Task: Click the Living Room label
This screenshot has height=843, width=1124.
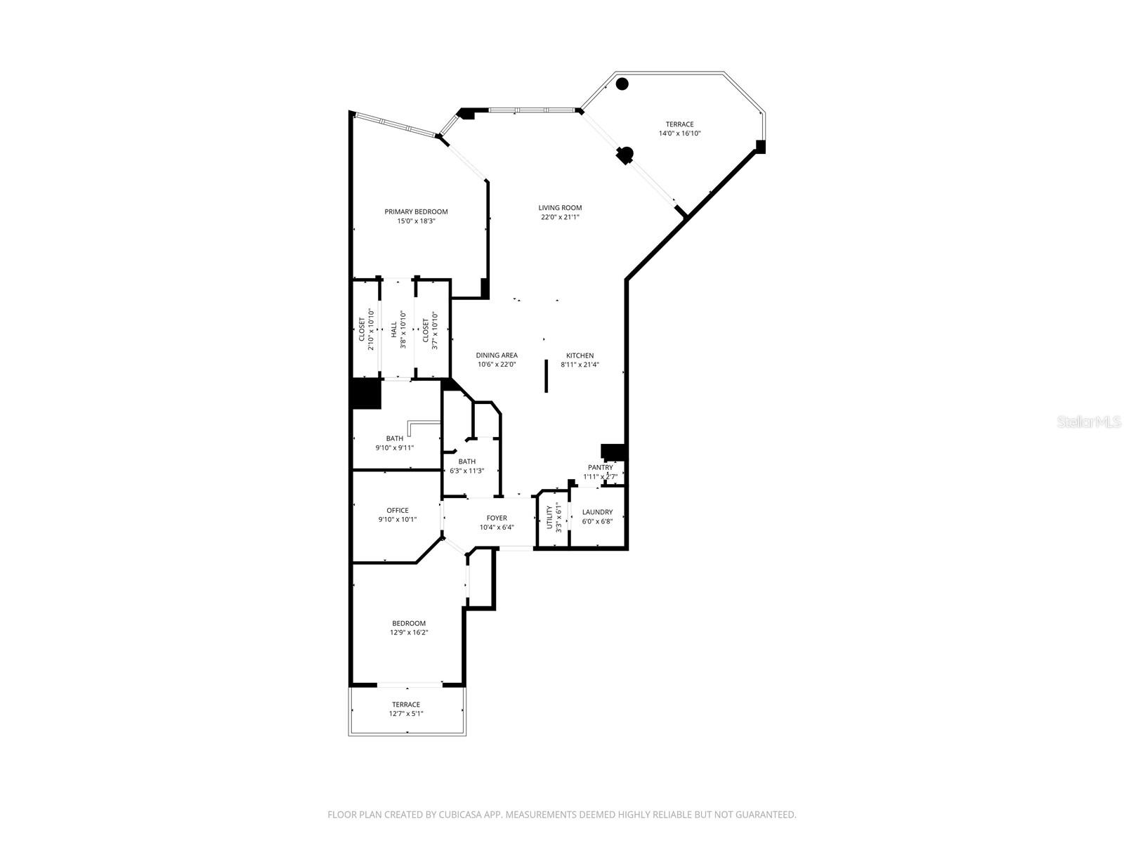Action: tap(560, 208)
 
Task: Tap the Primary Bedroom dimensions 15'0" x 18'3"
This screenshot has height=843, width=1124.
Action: tap(416, 221)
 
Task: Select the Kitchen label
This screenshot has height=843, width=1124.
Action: tap(580, 356)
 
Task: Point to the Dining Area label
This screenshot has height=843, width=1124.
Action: tap(497, 355)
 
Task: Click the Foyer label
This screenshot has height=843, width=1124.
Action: tap(497, 518)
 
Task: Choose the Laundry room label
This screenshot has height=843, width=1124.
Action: tap(597, 512)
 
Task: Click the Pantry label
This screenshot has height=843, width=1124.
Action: tap(601, 467)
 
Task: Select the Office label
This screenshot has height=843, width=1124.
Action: tap(397, 511)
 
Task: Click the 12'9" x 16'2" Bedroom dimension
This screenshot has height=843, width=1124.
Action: tap(409, 632)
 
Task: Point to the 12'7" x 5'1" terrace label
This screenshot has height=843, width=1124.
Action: tap(406, 714)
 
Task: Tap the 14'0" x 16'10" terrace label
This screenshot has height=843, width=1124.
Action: tap(679, 133)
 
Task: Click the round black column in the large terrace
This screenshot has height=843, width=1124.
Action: tap(622, 84)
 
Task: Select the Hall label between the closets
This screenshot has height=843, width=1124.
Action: tap(394, 329)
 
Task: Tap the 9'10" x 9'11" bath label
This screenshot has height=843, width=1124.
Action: tap(395, 447)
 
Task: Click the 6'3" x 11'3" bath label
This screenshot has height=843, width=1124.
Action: tap(467, 471)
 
